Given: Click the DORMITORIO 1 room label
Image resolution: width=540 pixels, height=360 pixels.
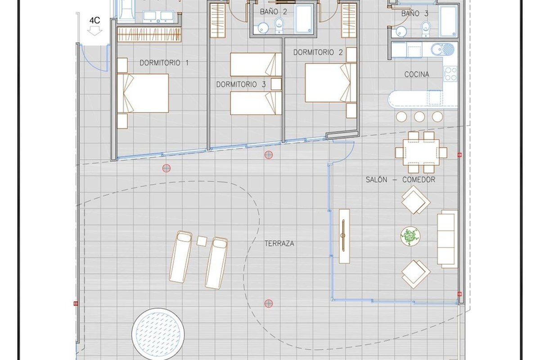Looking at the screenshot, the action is (x=164, y=63).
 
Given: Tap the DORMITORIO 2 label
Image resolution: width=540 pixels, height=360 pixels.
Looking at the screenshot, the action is (x=318, y=52).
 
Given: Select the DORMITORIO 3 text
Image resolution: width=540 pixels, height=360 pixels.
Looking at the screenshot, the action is (x=241, y=85).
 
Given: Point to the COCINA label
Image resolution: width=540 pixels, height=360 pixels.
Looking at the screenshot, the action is (x=417, y=74).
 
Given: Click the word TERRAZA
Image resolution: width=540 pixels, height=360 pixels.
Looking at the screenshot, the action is (x=279, y=243).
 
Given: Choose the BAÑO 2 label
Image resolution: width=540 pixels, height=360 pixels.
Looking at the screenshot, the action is (x=274, y=12).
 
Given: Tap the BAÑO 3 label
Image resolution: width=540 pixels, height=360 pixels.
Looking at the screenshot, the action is (x=414, y=13).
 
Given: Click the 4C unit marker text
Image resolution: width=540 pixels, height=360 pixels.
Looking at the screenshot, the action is (x=95, y=21).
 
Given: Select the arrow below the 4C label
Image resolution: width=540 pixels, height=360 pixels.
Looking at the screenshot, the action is (x=94, y=31).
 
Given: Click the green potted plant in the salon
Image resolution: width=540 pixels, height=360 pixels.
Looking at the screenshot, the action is (x=410, y=236).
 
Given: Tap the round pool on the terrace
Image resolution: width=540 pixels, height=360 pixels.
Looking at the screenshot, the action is (x=158, y=335).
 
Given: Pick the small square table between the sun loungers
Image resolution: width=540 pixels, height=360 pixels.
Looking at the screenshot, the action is (x=202, y=241).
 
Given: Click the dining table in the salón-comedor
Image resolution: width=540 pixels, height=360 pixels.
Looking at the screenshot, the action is (x=421, y=153).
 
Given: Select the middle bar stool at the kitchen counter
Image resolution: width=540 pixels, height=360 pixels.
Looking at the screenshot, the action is (x=419, y=117).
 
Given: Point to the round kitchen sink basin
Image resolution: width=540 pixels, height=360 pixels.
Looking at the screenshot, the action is (x=437, y=49).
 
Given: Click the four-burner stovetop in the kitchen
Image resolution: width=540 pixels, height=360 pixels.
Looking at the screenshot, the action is (x=450, y=74).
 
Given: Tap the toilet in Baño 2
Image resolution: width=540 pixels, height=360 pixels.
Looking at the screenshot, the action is (x=279, y=25).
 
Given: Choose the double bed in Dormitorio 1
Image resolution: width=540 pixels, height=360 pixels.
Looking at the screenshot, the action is (x=143, y=93).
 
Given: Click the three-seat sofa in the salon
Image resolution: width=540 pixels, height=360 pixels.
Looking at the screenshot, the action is (x=447, y=238).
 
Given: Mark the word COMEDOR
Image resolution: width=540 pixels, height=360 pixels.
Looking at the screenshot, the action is (x=419, y=180).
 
